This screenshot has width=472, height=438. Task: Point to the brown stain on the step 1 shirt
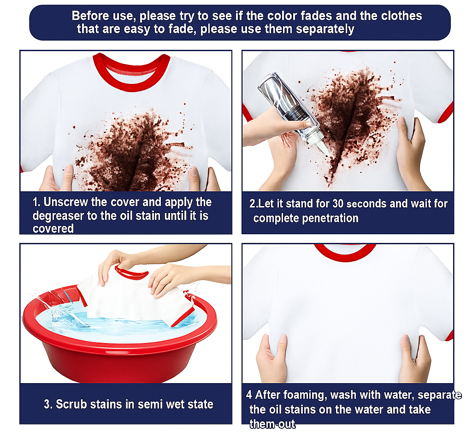pyautogui.click(x=132, y=150)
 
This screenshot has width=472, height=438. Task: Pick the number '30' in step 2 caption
pyautogui.click(x=338, y=204)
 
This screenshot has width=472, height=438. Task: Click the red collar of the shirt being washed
pyautogui.click(x=132, y=273)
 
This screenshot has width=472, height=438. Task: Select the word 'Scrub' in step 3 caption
pyautogui.click(x=70, y=404)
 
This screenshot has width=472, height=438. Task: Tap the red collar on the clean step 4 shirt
pyautogui.click(x=345, y=254)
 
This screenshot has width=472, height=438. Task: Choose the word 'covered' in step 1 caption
pyautogui.click(x=53, y=229)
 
